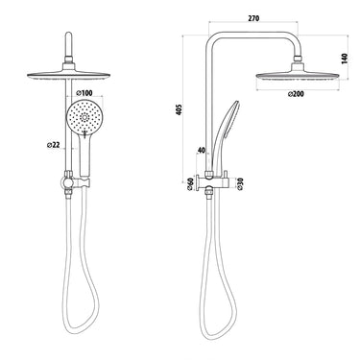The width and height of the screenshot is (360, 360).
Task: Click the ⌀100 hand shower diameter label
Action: pyautogui.click(x=85, y=93)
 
